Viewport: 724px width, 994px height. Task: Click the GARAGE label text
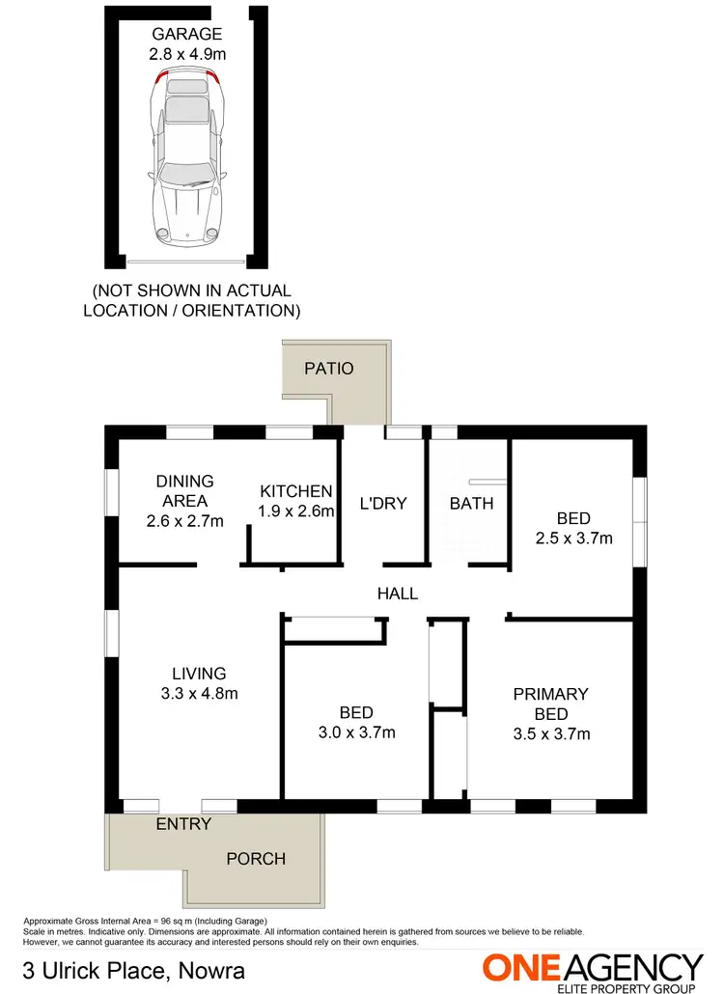(187, 35)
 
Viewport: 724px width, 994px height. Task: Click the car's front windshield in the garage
(186, 175)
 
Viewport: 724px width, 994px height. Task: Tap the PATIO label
(329, 369)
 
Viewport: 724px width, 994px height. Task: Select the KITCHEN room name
(295, 491)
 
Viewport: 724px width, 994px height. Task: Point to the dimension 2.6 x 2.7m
(185, 521)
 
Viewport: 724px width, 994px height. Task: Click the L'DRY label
(383, 503)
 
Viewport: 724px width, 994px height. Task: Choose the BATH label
(471, 503)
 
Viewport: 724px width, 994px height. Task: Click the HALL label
(398, 594)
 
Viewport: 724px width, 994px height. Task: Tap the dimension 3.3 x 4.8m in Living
(199, 693)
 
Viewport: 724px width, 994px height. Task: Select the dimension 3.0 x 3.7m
(356, 732)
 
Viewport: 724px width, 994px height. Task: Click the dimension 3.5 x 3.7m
(551, 733)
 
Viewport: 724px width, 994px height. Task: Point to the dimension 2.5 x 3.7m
(575, 538)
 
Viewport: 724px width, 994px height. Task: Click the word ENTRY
(183, 824)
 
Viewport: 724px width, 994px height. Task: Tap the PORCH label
(256, 858)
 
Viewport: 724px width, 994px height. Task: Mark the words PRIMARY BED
(551, 704)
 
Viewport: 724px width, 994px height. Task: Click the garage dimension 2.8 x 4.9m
(187, 55)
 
